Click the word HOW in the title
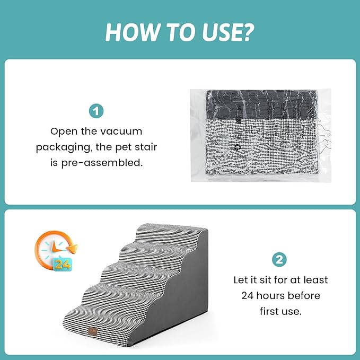(x=133, y=32)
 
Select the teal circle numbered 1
(x=96, y=111)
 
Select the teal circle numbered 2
(x=279, y=260)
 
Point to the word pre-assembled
(x=102, y=163)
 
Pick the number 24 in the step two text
(x=247, y=296)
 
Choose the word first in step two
(x=270, y=311)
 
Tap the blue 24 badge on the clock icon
(x=63, y=265)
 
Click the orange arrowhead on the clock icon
(x=73, y=249)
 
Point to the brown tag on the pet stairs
(x=93, y=331)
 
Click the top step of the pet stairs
(x=170, y=232)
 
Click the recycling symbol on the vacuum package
(x=238, y=147)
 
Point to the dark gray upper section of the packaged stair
(x=262, y=104)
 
